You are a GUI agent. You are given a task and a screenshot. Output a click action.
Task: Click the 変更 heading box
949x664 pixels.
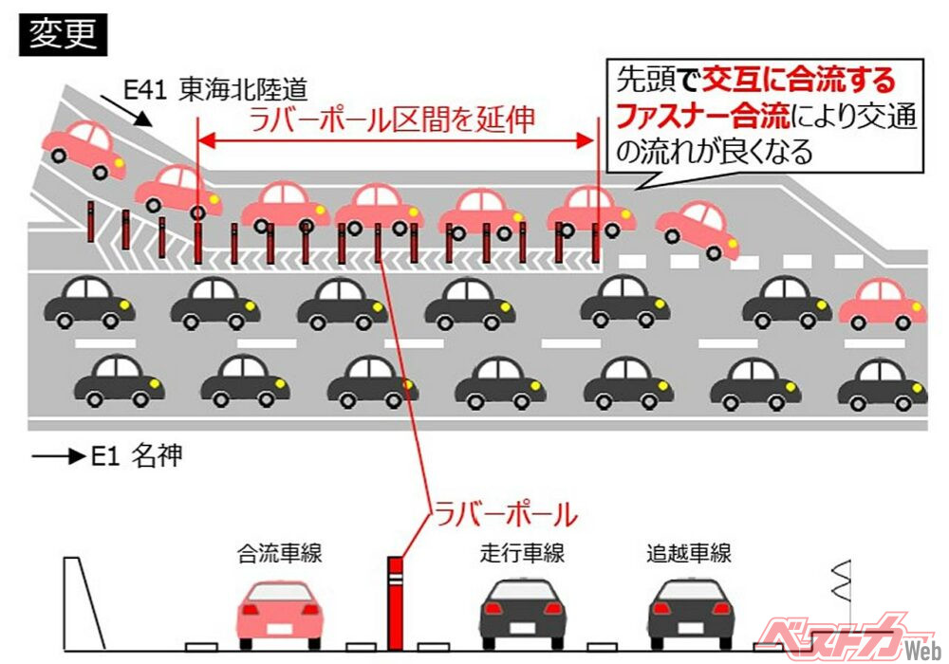point(63,35)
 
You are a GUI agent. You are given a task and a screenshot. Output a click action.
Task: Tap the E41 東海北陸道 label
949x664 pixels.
point(215,90)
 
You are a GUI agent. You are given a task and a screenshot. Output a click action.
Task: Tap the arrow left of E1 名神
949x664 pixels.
point(58,457)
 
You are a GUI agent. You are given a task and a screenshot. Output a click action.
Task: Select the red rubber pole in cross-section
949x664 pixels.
point(395,603)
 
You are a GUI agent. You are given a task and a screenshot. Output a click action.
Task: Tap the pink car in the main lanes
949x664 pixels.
point(882,304)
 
